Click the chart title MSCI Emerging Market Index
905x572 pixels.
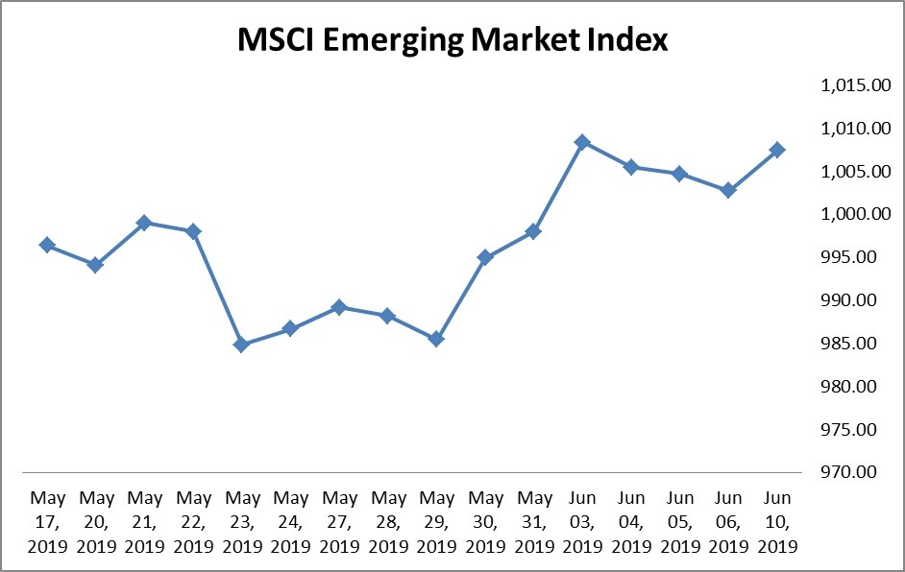pyautogui.click(x=452, y=41)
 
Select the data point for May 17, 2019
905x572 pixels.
pyautogui.click(x=46, y=245)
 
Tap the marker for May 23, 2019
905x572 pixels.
pyautogui.click(x=241, y=345)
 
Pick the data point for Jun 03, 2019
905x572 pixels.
pyautogui.click(x=582, y=142)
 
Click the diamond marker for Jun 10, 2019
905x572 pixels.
pyautogui.click(x=777, y=150)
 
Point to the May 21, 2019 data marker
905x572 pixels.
pyautogui.click(x=144, y=223)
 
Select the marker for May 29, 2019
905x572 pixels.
pyautogui.click(x=436, y=339)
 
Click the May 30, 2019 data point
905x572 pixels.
pyautogui.click(x=485, y=257)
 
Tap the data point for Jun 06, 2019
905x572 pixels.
pyautogui.click(x=728, y=190)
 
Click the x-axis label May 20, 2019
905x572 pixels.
pyautogui.click(x=96, y=522)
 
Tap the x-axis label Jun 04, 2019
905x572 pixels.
pyautogui.click(x=631, y=522)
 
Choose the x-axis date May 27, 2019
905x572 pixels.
pyautogui.click(x=339, y=522)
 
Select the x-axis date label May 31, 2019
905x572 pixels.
pyautogui.click(x=534, y=522)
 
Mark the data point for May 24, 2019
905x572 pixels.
pyautogui.click(x=290, y=329)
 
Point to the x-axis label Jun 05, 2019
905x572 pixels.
pyautogui.click(x=680, y=522)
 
